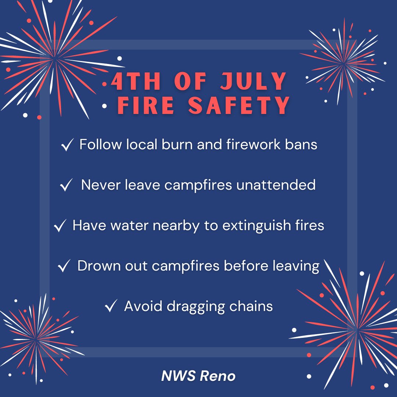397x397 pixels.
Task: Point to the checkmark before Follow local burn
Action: coord(67,146)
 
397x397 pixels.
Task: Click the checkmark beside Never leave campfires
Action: coord(65,186)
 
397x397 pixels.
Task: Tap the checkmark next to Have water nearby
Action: coord(59,226)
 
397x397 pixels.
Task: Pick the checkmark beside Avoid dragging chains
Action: coord(111,306)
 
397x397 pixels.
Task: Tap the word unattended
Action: coord(276,185)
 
